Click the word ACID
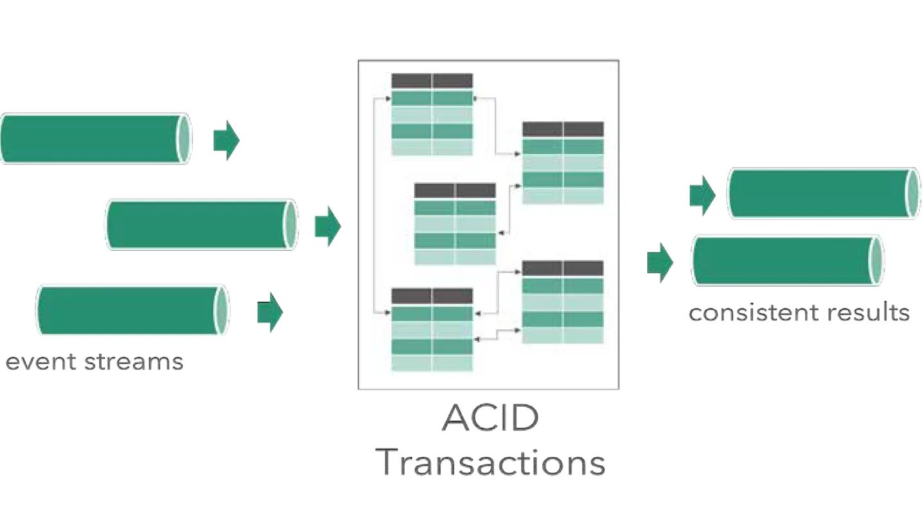pyautogui.click(x=490, y=419)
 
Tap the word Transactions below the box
pyautogui.click(x=490, y=462)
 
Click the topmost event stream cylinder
pyautogui.click(x=90, y=139)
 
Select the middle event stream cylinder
pyautogui.click(x=196, y=224)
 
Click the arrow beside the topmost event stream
pyautogui.click(x=226, y=139)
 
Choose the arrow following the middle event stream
pyautogui.click(x=327, y=226)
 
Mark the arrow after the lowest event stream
pyautogui.click(x=270, y=313)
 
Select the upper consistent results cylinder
pyautogui.click(x=818, y=193)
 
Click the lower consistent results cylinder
pyautogui.click(x=783, y=261)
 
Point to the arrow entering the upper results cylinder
pyautogui.click(x=702, y=195)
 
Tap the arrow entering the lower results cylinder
pyautogui.click(x=660, y=262)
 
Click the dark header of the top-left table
pyautogui.click(x=432, y=81)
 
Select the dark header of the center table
pyautogui.click(x=455, y=191)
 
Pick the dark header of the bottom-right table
pyautogui.click(x=562, y=268)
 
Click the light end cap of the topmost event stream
pyautogui.click(x=184, y=139)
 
